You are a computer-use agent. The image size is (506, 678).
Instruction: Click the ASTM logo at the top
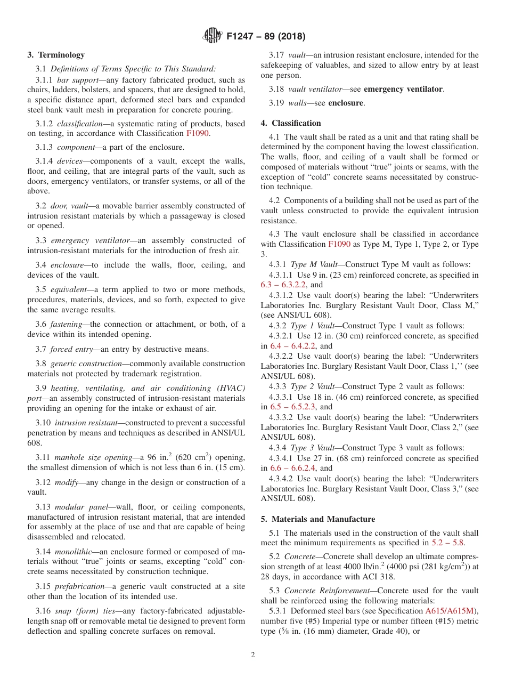tap(213, 36)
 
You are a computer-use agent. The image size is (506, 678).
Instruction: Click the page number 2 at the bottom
tap(253, 655)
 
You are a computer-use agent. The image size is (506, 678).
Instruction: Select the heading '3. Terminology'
tap(56, 54)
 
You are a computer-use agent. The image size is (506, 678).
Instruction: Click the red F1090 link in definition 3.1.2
tap(198, 133)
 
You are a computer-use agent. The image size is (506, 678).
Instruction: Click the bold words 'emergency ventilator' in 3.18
tap(403, 89)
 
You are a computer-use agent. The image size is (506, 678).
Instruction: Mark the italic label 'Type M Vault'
tap(314, 264)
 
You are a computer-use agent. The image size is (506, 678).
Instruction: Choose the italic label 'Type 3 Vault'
tap(313, 448)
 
